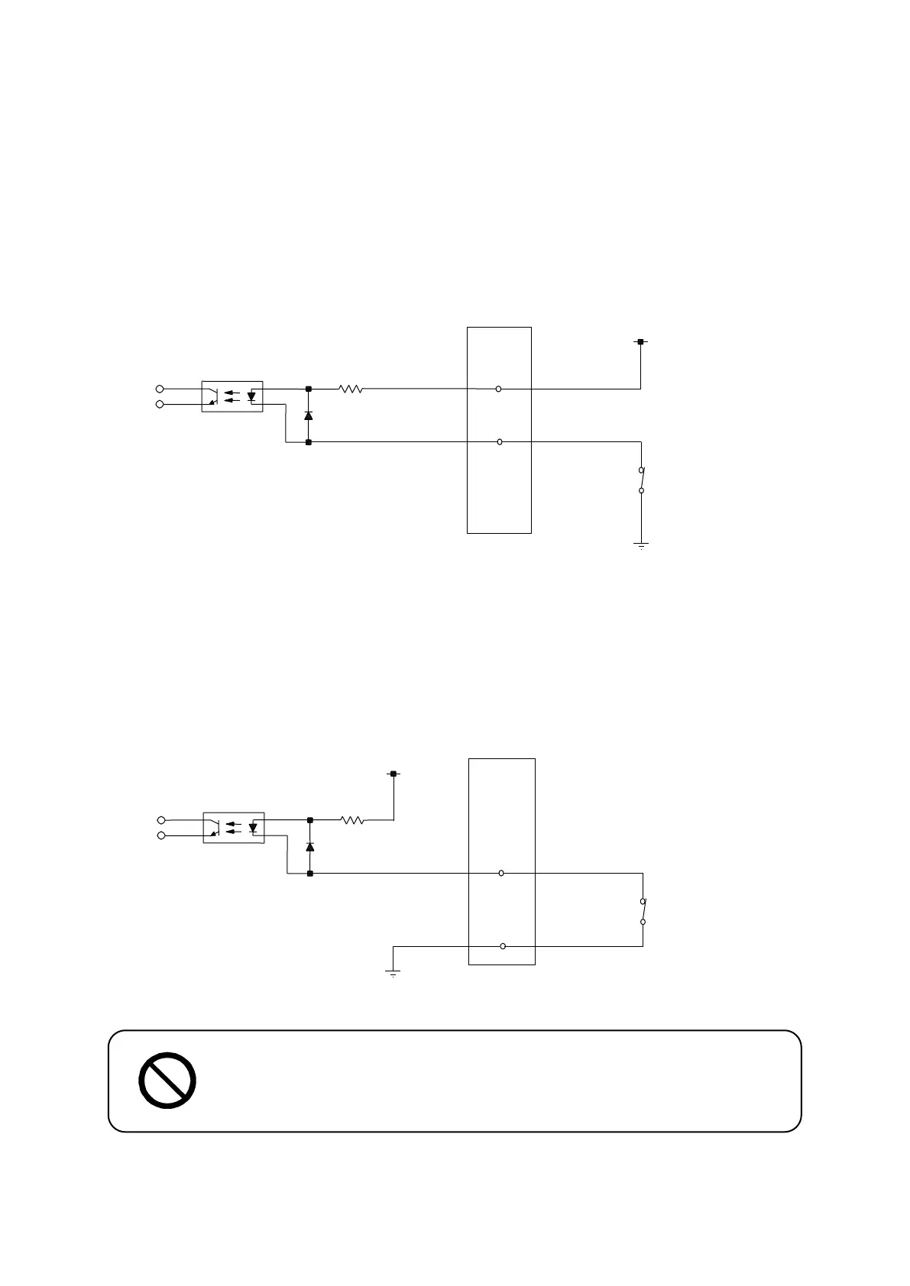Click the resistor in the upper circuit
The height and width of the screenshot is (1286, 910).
351,389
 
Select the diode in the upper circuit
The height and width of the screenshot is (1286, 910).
308,415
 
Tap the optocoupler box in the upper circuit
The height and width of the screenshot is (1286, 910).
232,396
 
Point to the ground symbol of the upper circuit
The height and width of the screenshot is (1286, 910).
641,545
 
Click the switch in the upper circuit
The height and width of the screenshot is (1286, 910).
642,480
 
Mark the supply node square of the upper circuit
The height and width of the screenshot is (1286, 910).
640,342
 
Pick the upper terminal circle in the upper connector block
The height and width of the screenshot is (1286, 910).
498,389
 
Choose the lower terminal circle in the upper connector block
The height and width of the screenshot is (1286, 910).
499,442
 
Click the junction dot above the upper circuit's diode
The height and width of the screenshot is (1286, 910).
308,389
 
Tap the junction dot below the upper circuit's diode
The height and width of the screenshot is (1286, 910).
308,442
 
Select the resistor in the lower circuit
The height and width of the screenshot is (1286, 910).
351,820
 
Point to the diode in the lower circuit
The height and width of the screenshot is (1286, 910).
309,847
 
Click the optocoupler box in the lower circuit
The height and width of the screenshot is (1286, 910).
233,828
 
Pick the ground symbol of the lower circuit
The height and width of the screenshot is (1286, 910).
393,974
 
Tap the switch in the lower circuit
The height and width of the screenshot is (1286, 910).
643,911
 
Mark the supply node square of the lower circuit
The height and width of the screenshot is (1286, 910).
393,774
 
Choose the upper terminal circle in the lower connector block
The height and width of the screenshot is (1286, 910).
500,873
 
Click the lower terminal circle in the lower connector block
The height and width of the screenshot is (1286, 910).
502,946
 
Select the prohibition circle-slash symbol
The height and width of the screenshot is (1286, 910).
167,1081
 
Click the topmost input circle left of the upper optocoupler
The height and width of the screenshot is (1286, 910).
160,389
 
